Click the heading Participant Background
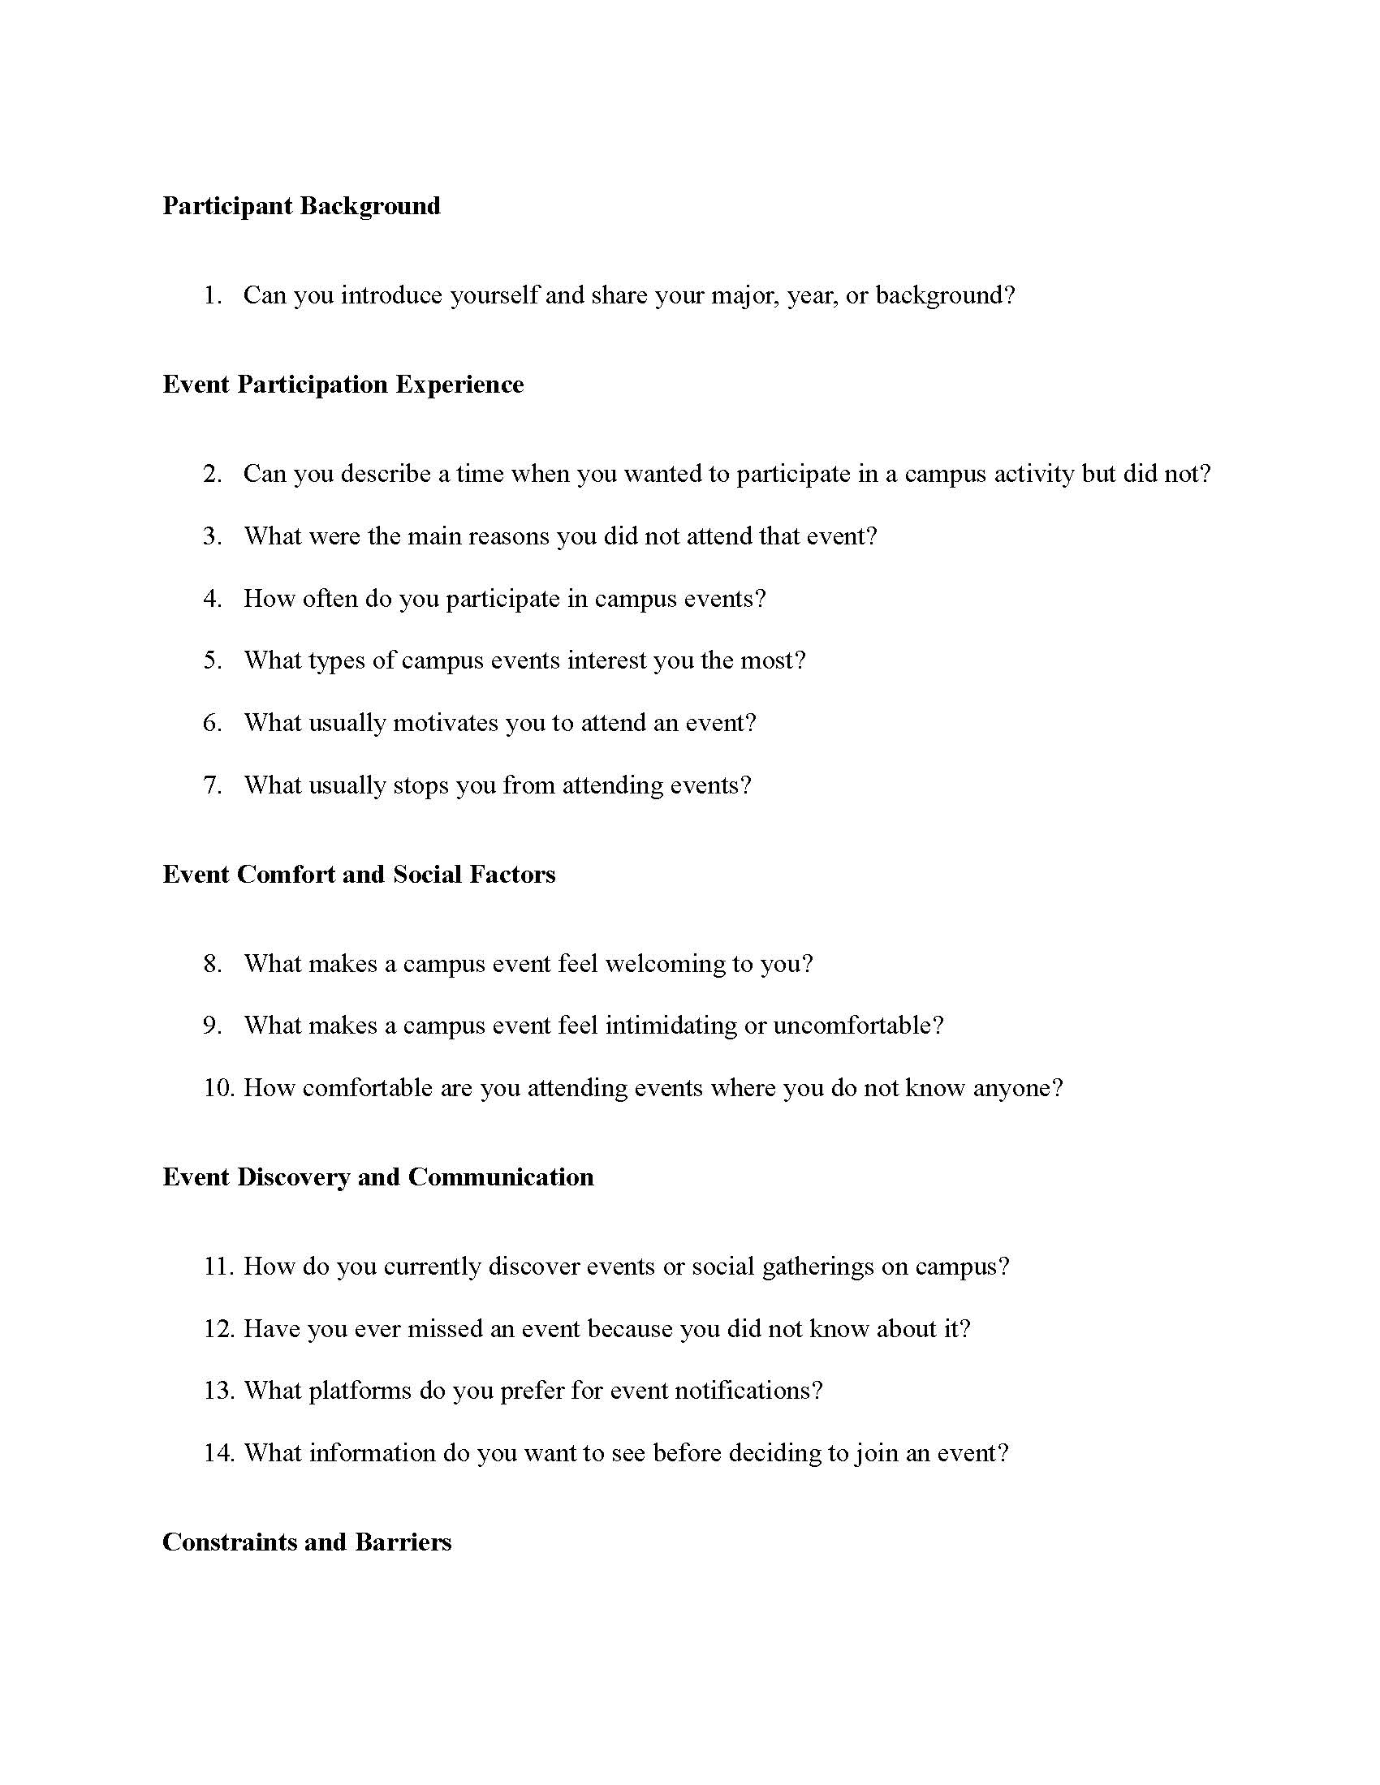click(x=301, y=205)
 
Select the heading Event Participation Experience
click(x=343, y=384)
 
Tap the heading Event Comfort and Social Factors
click(x=359, y=874)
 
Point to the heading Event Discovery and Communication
click(x=377, y=1176)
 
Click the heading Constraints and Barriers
click(x=307, y=1542)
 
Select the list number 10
click(x=218, y=1087)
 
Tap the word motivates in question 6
click(x=446, y=722)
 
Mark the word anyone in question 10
click(x=1017, y=1088)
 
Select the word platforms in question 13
click(x=360, y=1390)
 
